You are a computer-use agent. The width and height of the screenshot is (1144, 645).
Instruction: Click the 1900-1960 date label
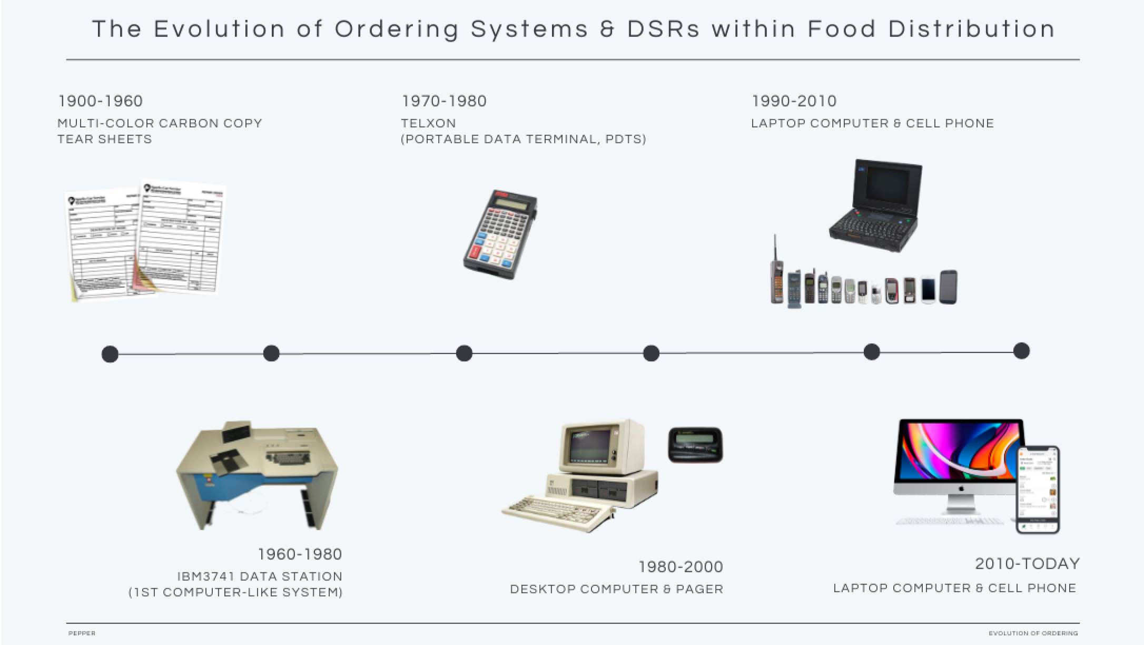[x=100, y=101]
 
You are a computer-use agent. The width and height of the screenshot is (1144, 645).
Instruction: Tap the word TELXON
[x=428, y=123]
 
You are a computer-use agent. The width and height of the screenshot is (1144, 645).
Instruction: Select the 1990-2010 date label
[x=794, y=101]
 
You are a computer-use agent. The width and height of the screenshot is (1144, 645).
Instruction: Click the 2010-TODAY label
[x=1027, y=564]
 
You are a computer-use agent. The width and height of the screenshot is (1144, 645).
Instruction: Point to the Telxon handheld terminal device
[x=500, y=234]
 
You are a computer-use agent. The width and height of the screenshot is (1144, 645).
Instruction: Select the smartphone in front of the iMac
[x=1038, y=490]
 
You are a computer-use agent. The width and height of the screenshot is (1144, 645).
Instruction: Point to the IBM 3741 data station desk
[x=257, y=474]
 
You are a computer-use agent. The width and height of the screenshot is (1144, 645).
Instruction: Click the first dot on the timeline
[x=110, y=354]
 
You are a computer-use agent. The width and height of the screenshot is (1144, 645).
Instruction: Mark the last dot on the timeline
[x=1021, y=351]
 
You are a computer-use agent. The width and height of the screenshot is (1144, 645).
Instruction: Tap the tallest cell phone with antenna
[x=777, y=274]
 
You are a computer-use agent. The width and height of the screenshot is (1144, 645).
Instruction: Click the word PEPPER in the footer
[x=82, y=633]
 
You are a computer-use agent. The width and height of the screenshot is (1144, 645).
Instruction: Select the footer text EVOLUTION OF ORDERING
[x=1033, y=633]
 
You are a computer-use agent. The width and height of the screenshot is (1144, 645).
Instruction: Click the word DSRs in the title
[x=663, y=29]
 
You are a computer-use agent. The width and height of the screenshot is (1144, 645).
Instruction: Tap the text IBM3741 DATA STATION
[x=260, y=576]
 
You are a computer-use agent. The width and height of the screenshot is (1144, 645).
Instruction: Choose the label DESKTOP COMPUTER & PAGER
[x=616, y=589]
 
